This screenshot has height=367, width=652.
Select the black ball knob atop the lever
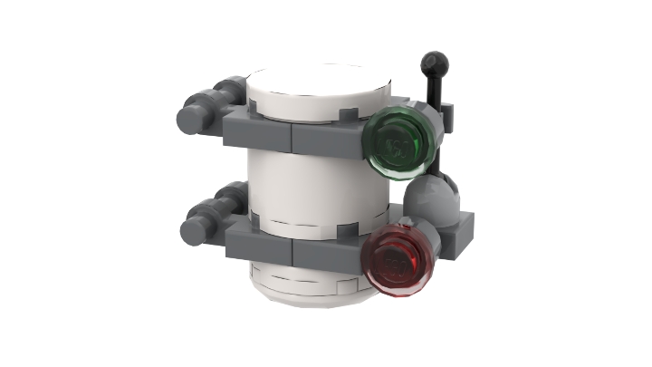[435, 63]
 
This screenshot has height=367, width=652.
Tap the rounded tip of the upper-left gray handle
[188, 119]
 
